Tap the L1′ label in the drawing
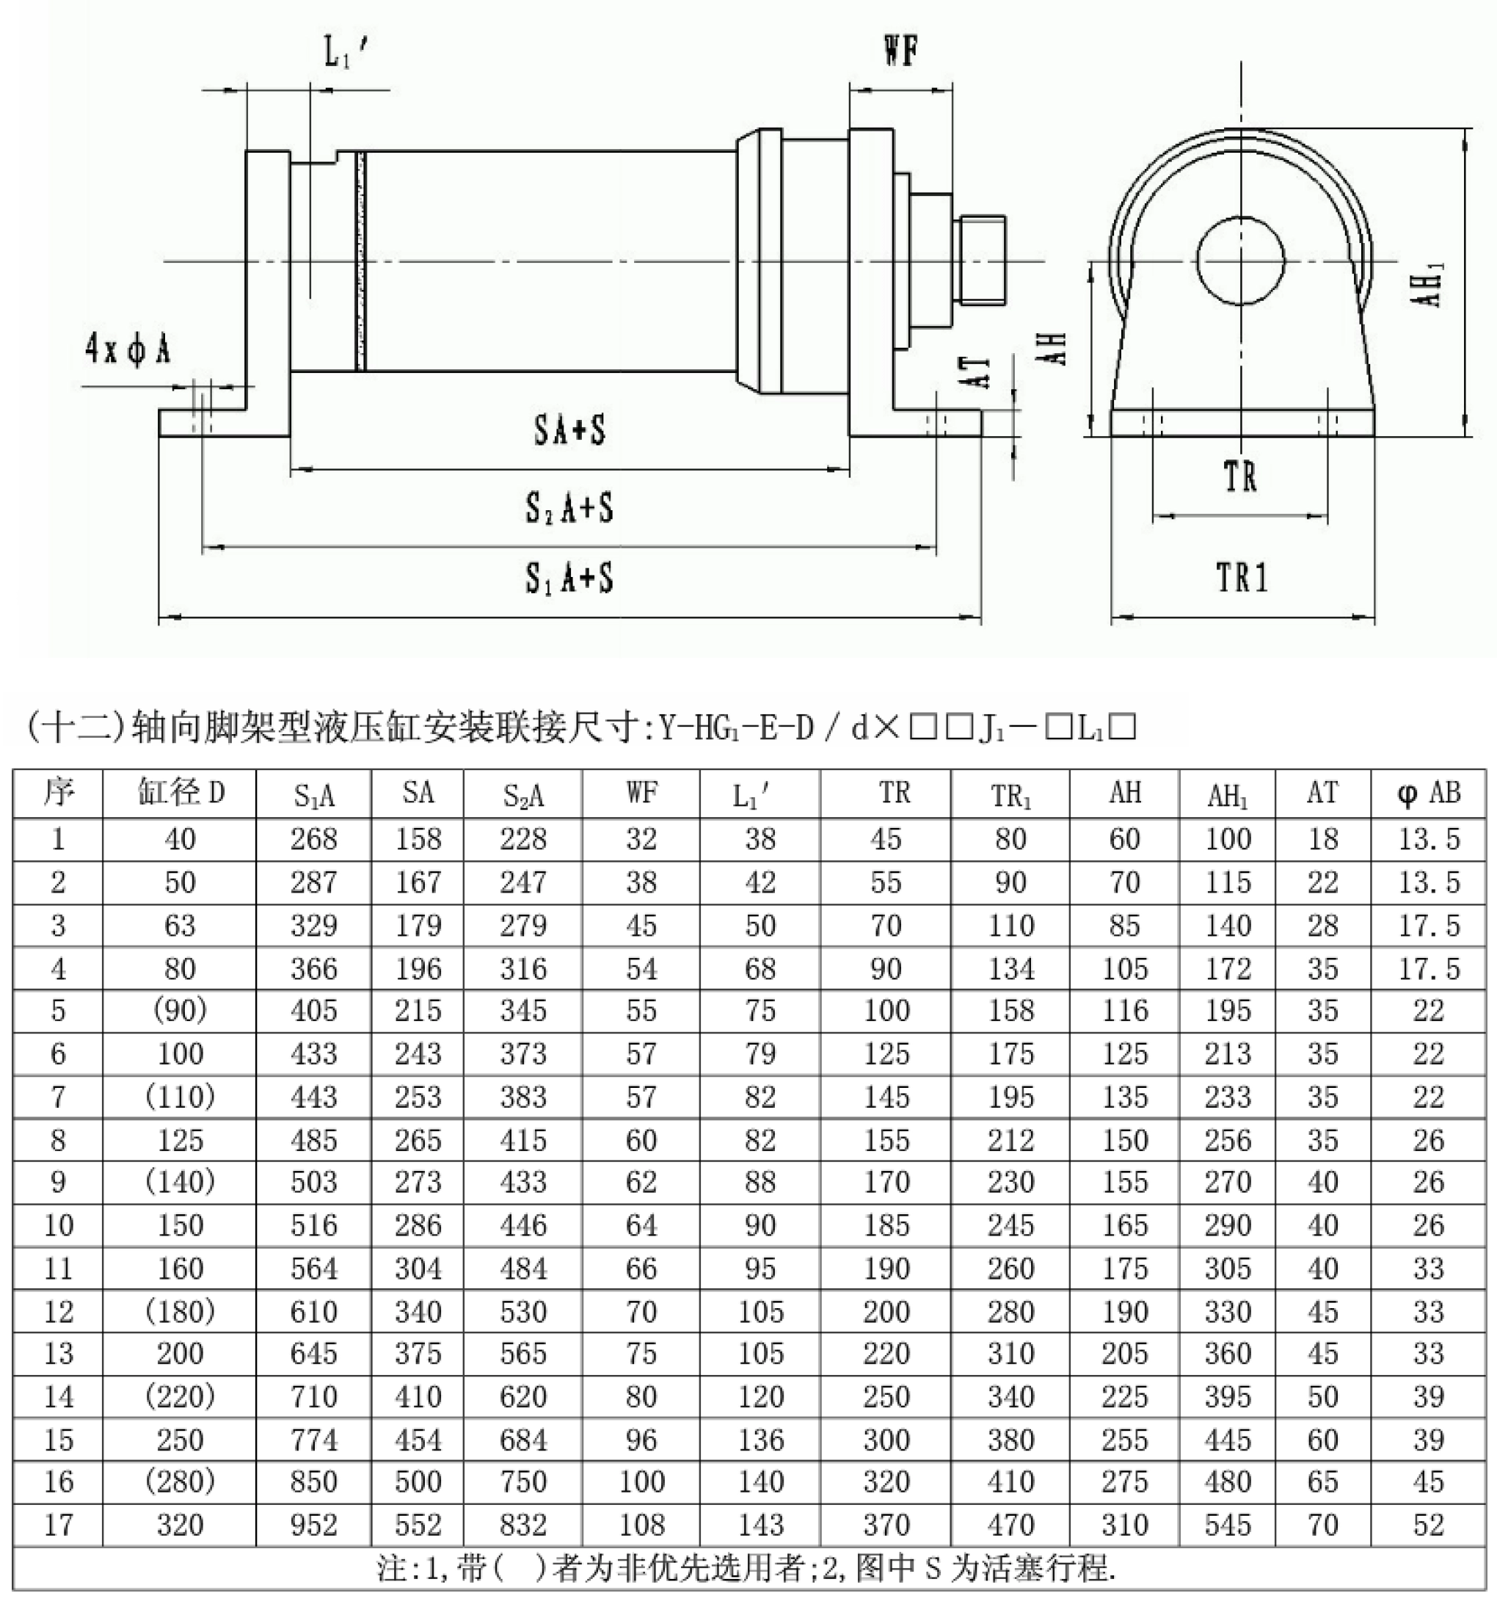point(346,54)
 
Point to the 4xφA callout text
point(127,350)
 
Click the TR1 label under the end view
point(1242,578)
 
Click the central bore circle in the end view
point(1240,261)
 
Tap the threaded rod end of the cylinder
point(982,260)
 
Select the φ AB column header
point(1428,793)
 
